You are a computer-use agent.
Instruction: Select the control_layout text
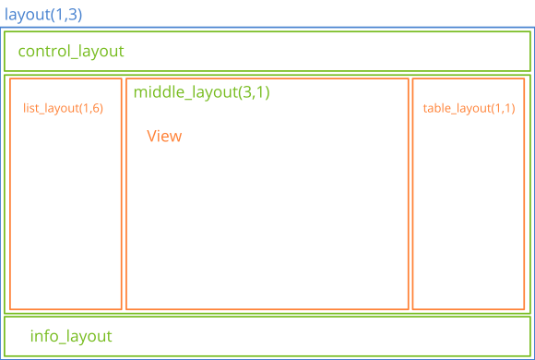[71, 52]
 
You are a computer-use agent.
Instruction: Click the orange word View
[164, 137]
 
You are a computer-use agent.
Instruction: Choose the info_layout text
[71, 336]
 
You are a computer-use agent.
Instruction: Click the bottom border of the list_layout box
[65, 309]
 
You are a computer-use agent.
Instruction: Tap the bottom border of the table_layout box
[469, 309]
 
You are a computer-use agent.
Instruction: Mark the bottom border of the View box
[267, 309]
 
